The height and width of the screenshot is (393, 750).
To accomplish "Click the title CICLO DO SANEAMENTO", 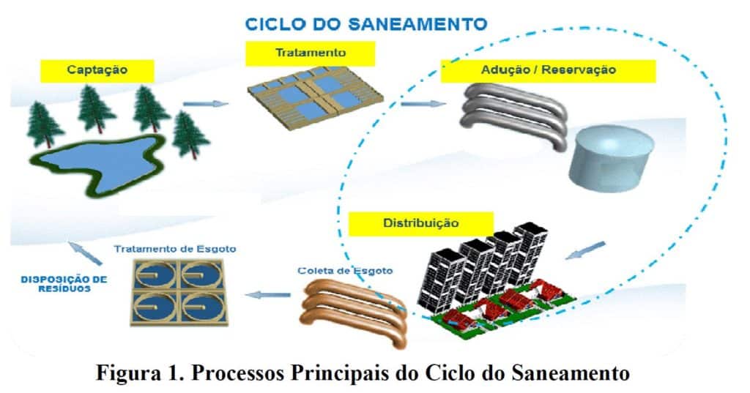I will click(365, 23).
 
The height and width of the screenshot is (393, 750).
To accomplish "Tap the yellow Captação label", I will click(97, 70).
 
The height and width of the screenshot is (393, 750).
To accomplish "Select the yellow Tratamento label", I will click(310, 53).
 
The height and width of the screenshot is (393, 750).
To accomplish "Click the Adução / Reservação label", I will click(548, 71).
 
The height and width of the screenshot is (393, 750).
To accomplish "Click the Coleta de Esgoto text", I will click(345, 271).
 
